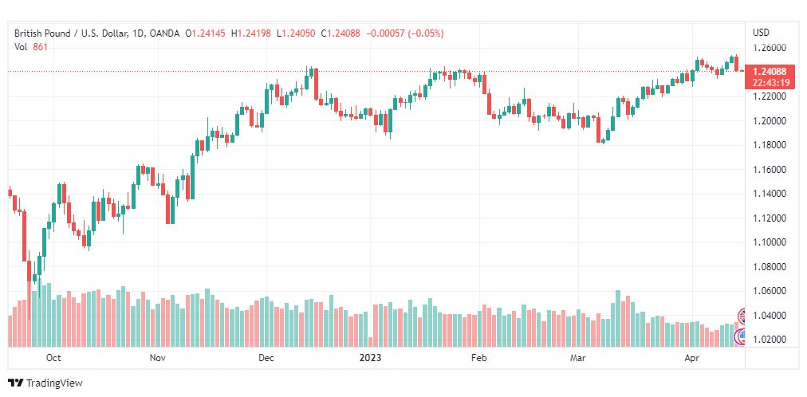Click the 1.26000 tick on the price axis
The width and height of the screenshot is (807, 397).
770,49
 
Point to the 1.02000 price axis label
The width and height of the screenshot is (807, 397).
770,340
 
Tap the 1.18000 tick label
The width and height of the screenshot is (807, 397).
770,145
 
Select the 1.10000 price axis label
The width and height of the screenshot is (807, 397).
770,242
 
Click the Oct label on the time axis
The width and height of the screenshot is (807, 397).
53,358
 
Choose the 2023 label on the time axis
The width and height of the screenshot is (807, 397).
370,358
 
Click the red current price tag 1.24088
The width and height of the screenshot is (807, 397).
770,72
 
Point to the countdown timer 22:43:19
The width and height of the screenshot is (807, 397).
770,82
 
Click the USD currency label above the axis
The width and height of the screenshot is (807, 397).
762,33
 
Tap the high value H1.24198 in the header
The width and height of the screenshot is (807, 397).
251,33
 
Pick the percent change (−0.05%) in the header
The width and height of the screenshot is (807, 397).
426,33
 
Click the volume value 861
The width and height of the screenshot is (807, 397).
40,47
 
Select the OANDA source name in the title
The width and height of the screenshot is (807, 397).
164,33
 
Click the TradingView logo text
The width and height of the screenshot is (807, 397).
54,383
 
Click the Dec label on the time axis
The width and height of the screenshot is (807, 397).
266,358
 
